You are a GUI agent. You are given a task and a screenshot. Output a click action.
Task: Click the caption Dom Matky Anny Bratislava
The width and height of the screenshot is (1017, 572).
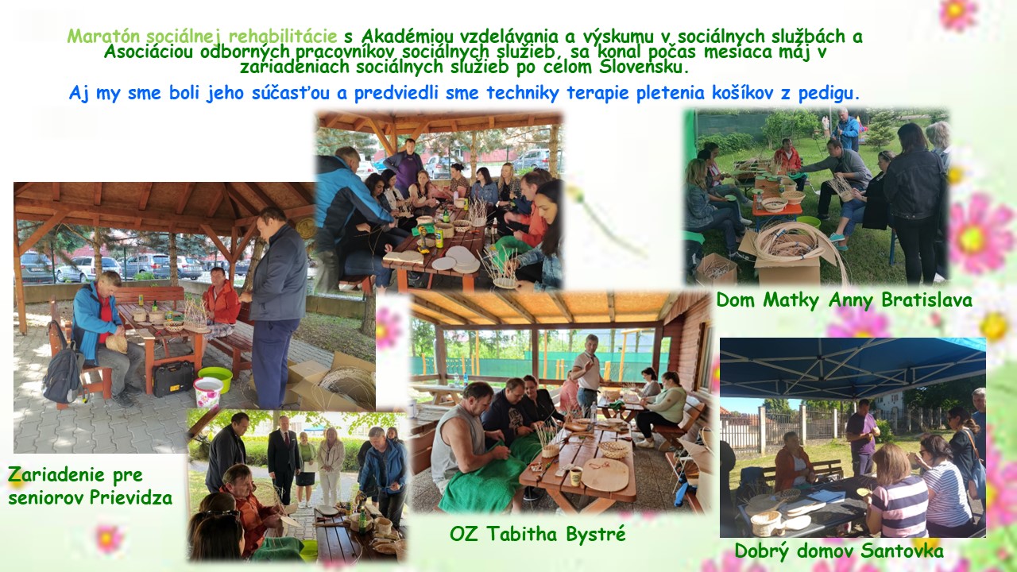click(x=844, y=300)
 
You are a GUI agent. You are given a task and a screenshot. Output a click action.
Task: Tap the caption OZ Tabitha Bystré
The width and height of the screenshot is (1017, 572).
click(x=538, y=533)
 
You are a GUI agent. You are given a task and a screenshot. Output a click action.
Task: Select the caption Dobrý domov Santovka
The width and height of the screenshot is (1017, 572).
click(x=839, y=551)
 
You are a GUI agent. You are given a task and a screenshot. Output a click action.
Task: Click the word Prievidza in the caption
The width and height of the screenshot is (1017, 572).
click(x=131, y=498)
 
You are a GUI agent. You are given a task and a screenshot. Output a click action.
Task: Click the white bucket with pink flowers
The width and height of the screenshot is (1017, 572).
click(x=207, y=392)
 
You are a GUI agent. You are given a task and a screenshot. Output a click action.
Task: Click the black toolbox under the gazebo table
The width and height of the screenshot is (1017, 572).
click(x=173, y=379)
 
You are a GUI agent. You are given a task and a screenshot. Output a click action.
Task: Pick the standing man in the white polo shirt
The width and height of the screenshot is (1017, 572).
click(x=586, y=372)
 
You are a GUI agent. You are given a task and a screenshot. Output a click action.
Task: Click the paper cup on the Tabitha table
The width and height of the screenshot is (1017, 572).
click(x=576, y=476)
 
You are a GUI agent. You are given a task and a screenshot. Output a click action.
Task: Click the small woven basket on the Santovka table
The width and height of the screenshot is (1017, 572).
click(x=765, y=523)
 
